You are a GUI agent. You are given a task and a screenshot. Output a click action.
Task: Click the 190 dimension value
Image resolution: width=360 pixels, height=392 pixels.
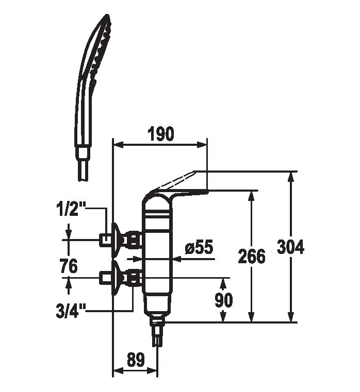[161, 134]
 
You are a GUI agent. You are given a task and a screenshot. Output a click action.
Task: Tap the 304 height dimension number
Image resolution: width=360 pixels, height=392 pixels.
[291, 247]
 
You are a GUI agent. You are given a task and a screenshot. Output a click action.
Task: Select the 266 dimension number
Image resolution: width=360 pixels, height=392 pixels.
[251, 256]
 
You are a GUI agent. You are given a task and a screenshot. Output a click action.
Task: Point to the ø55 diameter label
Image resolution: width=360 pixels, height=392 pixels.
[199, 247]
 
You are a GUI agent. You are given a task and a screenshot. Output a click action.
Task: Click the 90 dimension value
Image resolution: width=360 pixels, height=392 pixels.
[223, 300]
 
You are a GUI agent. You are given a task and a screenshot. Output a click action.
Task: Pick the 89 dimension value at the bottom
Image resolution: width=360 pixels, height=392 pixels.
[136, 360]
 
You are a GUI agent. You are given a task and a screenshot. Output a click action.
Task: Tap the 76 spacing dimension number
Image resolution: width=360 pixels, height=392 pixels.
[69, 265]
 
